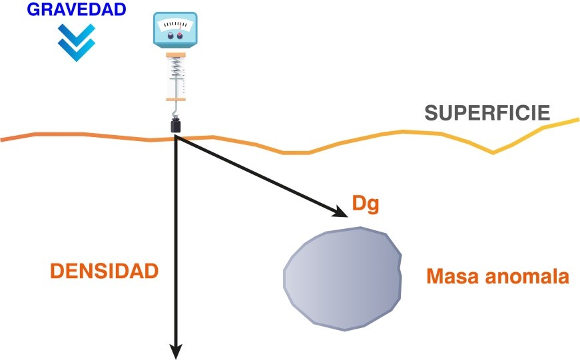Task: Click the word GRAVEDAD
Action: coord(77,9)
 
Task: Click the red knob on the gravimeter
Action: coord(180,35)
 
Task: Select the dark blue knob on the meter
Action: coord(170,36)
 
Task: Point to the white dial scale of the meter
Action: coord(175,25)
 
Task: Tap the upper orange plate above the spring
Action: coord(176,55)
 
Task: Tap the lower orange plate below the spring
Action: coord(175,99)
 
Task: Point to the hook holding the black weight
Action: coord(176,110)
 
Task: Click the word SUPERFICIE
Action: coord(487,112)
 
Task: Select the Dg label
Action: coord(366,204)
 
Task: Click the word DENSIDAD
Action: coord(105,271)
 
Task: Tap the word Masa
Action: coord(453,276)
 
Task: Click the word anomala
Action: coord(527,276)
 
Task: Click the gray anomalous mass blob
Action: coord(342,279)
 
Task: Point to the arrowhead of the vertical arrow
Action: coord(176,351)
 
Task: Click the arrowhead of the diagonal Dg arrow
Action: coord(340,212)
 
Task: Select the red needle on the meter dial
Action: coord(180,26)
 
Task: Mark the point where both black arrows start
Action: coord(176,137)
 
